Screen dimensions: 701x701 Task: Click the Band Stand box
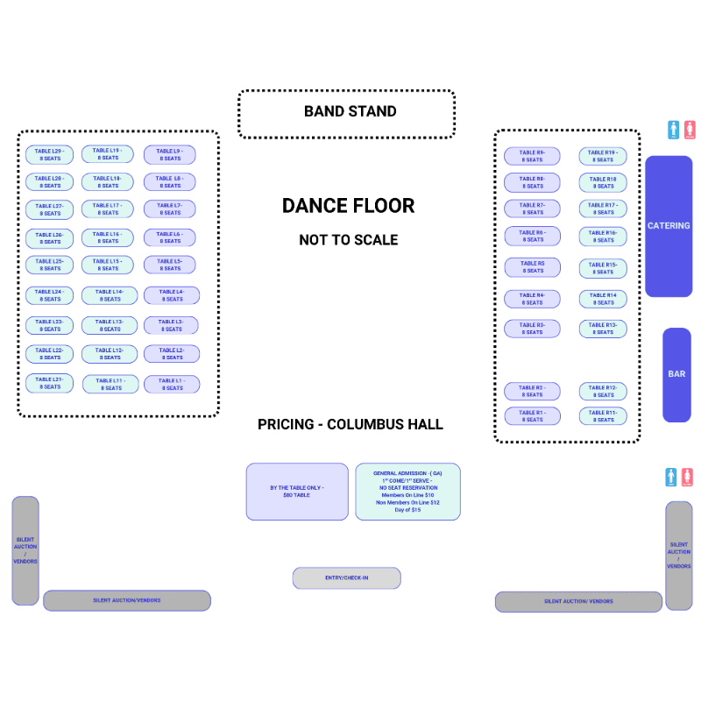(x=346, y=113)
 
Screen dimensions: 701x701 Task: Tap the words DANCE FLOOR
(x=348, y=206)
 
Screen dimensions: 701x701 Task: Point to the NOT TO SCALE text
(x=348, y=240)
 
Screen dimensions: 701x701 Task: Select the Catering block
(x=669, y=226)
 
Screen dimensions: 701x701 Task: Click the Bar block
(x=676, y=374)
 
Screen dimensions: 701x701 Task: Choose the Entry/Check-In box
(x=346, y=578)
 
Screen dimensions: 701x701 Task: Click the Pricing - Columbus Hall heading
(x=350, y=424)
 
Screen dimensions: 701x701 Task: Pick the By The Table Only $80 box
(x=297, y=492)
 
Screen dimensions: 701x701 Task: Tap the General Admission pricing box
(x=407, y=492)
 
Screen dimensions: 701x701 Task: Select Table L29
(x=49, y=155)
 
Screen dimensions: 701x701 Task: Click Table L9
(x=169, y=155)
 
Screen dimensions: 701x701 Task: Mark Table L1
(x=172, y=384)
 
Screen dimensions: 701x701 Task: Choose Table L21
(x=49, y=383)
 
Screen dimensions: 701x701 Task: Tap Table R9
(x=532, y=156)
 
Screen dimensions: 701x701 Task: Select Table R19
(x=602, y=156)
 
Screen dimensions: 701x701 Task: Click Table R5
(x=532, y=267)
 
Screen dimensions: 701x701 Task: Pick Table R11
(x=602, y=416)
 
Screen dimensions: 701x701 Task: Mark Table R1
(x=532, y=416)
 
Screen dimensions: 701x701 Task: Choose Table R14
(x=602, y=299)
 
